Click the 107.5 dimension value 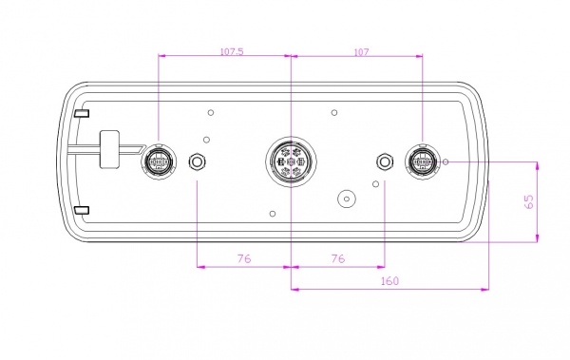232,51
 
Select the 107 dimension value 361,52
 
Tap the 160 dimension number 389,281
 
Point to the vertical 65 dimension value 529,201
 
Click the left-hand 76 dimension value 244,258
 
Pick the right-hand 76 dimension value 337,258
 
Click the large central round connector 291,161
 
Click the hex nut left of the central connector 197,161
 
